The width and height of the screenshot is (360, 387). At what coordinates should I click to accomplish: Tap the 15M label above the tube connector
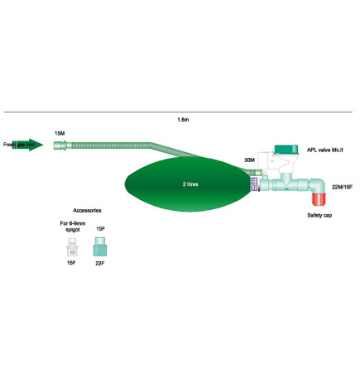pyautogui.click(x=59, y=133)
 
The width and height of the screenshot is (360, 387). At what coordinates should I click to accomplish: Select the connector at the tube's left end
pyautogui.click(x=60, y=146)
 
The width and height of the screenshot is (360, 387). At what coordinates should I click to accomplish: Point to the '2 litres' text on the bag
pyautogui.click(x=191, y=184)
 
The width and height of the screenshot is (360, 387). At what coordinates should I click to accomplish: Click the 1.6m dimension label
pyautogui.click(x=183, y=121)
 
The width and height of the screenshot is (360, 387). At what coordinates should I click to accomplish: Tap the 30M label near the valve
pyautogui.click(x=249, y=160)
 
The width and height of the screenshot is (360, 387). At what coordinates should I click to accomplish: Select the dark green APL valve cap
pyautogui.click(x=286, y=150)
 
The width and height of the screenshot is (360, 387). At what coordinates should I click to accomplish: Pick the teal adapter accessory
pyautogui.click(x=100, y=246)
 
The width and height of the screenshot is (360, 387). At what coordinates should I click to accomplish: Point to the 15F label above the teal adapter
pyautogui.click(x=100, y=227)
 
